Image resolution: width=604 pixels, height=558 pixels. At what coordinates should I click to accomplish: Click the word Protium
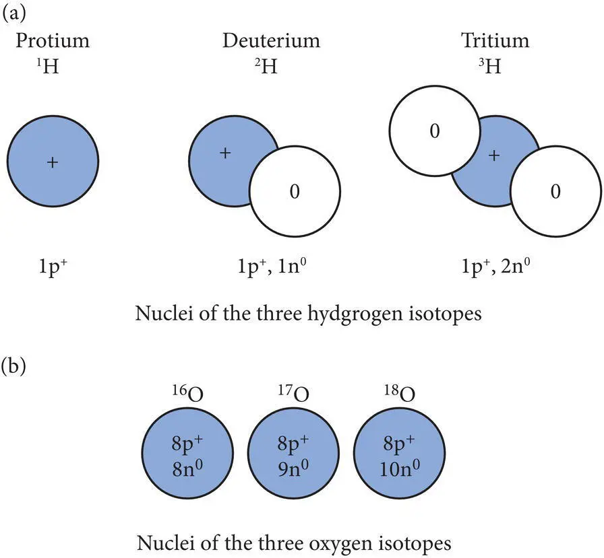point(53,40)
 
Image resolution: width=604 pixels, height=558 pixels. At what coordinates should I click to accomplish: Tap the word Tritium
point(495,40)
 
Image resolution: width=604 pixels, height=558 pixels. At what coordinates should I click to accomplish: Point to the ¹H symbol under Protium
point(52,68)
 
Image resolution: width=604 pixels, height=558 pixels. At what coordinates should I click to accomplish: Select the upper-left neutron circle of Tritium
point(435,133)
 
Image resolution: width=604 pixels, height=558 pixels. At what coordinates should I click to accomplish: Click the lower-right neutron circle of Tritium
point(555,193)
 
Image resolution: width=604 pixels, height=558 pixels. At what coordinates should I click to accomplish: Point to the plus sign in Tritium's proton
point(494,155)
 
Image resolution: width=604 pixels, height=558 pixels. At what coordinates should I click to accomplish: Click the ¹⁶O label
point(187,394)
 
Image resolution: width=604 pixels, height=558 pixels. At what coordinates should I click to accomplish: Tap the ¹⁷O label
point(294,394)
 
